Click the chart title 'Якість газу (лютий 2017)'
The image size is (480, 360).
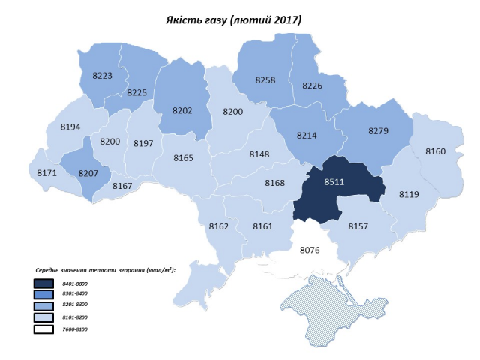[233, 19]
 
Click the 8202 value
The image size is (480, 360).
[182, 110]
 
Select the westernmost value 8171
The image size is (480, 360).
[46, 173]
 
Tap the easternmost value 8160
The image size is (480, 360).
[436, 151]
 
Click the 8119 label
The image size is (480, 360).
[409, 194]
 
